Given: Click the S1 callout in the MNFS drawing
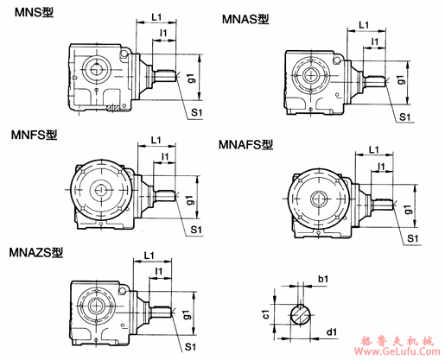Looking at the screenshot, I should pos(196,229).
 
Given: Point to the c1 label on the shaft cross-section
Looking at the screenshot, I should pos(267,316).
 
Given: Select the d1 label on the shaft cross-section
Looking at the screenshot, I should pos(332,330).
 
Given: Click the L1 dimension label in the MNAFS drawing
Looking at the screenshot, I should pos(377,149).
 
